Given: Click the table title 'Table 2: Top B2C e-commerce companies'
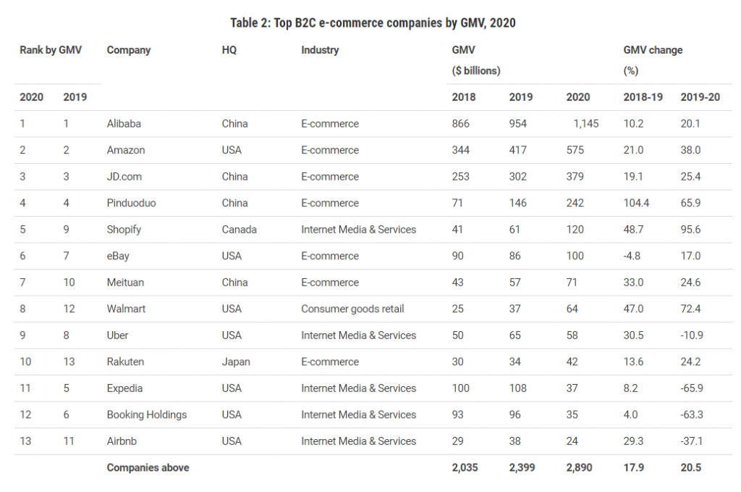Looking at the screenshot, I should point(373,22).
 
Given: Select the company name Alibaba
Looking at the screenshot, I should point(124,123).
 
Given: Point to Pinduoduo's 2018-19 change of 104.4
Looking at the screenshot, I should point(636,203).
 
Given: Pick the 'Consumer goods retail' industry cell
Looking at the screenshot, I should point(352,309).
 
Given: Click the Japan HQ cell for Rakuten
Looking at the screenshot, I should point(236,362).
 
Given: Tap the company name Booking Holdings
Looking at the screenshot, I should point(147,414).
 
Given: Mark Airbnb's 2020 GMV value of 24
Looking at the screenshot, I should point(573,441).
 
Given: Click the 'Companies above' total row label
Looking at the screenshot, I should point(148,468).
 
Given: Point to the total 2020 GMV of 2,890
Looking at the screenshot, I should point(579,468).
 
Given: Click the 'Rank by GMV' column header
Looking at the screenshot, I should point(51,50).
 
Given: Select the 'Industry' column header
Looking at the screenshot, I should point(320,50).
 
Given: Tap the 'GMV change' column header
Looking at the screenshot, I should point(653,50).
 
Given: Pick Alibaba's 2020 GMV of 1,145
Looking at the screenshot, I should point(585,124).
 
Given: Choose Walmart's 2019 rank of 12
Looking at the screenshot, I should point(69,309).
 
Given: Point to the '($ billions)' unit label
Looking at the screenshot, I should point(476,71).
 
